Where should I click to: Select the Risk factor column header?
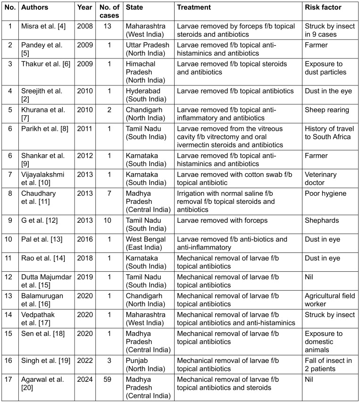(x=323, y=8)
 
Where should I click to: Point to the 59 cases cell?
(x=109, y=378)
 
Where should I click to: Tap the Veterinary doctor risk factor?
(x=321, y=179)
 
